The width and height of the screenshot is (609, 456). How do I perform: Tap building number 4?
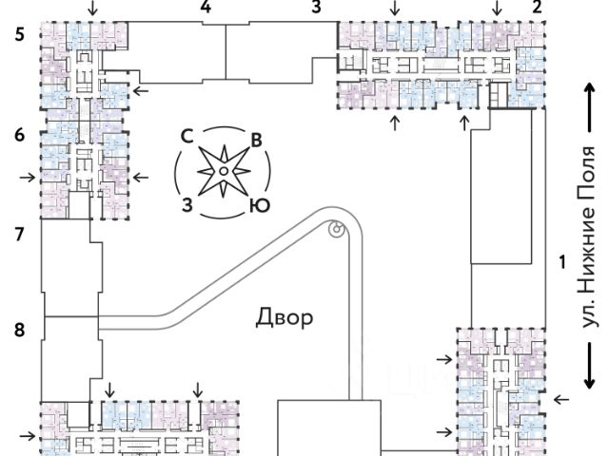[206, 9]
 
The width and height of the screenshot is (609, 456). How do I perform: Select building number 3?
[316, 9]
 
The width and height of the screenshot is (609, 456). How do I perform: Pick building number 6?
[19, 135]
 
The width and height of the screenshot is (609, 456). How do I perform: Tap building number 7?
[19, 233]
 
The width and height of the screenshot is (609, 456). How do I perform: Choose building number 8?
[19, 331]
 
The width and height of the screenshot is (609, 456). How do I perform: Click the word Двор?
[285, 317]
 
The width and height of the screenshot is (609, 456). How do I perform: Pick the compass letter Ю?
[256, 205]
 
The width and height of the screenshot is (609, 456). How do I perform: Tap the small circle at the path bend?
[335, 229]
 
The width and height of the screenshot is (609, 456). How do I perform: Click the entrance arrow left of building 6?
[27, 176]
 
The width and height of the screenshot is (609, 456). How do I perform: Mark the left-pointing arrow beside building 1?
[560, 400]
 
